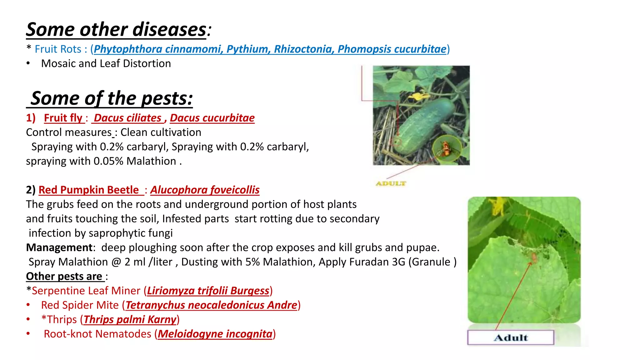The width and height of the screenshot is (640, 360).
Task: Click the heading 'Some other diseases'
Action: (x=116, y=30)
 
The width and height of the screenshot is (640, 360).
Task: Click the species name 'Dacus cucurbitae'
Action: (x=212, y=118)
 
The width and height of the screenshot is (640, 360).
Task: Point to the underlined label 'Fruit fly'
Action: (x=63, y=118)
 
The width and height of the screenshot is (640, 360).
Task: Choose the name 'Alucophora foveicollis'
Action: (x=205, y=190)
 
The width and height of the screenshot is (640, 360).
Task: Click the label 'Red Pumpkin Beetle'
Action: (x=89, y=190)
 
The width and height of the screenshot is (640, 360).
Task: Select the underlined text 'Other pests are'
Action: (x=64, y=276)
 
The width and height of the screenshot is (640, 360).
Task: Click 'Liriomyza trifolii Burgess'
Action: (x=208, y=291)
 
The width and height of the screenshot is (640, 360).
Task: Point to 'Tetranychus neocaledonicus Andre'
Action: (x=211, y=305)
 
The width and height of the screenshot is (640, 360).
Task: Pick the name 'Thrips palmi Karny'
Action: (x=130, y=319)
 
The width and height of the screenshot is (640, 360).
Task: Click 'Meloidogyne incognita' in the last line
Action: (x=215, y=334)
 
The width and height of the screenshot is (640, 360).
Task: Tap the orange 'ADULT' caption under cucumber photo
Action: (x=391, y=183)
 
